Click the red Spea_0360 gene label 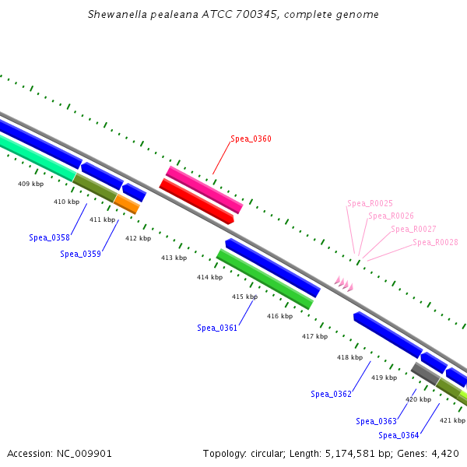click(x=251, y=139)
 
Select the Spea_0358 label click(x=49, y=237)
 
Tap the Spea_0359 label click(x=80, y=254)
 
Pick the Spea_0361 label click(x=217, y=328)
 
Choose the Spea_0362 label click(x=331, y=394)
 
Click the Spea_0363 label click(x=377, y=421)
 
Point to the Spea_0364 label click(x=399, y=435)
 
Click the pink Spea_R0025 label click(x=370, y=203)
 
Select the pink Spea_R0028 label click(x=435, y=242)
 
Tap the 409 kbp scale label click(x=30, y=184)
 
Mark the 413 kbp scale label click(x=174, y=258)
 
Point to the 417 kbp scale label click(x=314, y=336)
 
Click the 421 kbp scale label click(x=452, y=420)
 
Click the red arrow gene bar click(x=197, y=202)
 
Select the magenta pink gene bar click(x=204, y=189)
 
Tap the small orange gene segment click(x=127, y=204)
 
